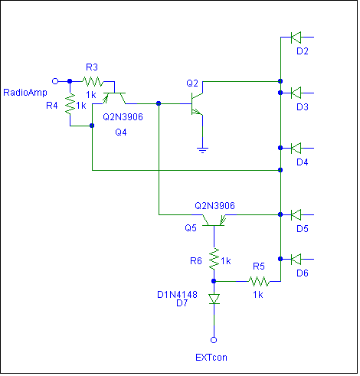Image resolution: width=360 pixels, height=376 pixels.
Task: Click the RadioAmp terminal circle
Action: (55, 81)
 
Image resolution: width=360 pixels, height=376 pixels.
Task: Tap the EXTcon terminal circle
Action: (214, 340)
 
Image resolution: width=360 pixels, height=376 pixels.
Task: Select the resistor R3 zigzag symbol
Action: (93, 81)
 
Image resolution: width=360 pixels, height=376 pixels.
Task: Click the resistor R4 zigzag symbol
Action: (70, 103)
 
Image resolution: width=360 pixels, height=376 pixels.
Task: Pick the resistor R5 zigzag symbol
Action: (259, 281)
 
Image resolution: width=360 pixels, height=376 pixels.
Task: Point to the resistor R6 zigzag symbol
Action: (214, 259)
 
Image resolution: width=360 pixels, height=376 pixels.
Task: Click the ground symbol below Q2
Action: (202, 150)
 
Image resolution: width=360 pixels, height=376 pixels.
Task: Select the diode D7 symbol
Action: (214, 299)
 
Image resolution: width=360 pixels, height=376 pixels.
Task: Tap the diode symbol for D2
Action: (296, 38)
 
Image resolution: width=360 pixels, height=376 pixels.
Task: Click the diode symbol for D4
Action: (296, 148)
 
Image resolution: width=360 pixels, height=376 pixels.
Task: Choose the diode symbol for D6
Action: (296, 259)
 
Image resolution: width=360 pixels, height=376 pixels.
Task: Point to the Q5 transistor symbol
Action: (214, 220)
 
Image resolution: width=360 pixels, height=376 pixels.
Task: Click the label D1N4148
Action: (177, 295)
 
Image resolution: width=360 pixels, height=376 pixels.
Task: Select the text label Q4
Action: (121, 132)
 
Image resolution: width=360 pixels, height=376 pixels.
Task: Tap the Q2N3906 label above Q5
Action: (214, 205)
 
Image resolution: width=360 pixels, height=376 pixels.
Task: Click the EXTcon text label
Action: (211, 358)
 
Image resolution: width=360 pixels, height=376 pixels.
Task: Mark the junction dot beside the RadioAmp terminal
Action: (70, 81)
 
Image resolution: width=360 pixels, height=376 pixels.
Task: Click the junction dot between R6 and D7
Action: (214, 281)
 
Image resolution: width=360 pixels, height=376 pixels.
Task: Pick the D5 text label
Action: (303, 229)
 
